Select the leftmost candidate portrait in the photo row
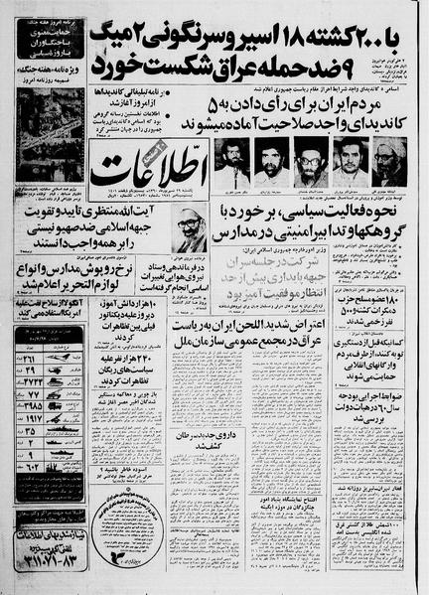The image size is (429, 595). point(229,163)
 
